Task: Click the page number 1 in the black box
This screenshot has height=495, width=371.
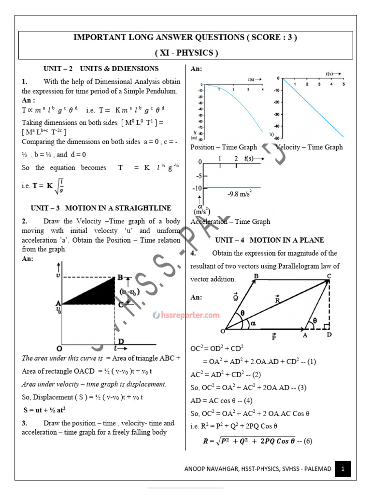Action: pos(342,468)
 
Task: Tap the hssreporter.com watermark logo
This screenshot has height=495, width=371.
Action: pos(186,315)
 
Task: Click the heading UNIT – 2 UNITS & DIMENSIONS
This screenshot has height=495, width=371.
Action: pos(94,69)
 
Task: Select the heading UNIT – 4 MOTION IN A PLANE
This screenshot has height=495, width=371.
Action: pos(270,240)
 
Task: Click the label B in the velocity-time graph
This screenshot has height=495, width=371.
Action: pos(120,277)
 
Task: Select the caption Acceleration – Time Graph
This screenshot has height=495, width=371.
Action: pos(230,221)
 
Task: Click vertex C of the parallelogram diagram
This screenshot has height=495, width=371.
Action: pos(329,276)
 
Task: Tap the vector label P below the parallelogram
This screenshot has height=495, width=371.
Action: pos(273,336)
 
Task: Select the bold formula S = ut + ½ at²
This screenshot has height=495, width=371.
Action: pos(44,409)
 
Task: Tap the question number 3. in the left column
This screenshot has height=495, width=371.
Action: pos(24,423)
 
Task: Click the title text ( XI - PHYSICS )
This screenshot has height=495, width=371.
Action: pos(186,53)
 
